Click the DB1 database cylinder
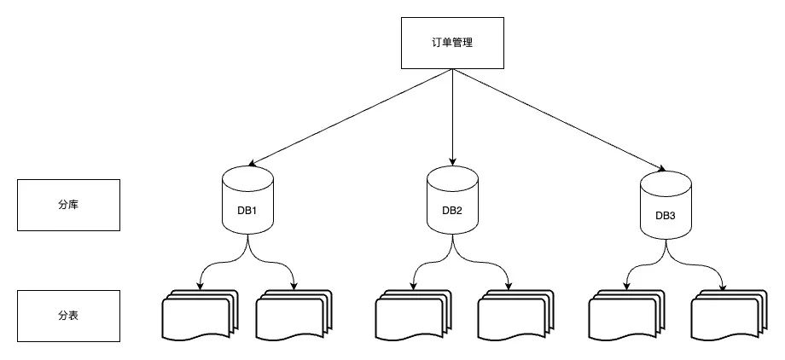247,201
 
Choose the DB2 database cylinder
452,201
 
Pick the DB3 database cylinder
666,206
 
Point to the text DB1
247,209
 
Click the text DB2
452,210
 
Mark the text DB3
666,215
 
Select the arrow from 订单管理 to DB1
350,117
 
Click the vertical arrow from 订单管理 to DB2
451,115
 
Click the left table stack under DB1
198,316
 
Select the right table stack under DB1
293,316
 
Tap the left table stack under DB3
625,316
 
